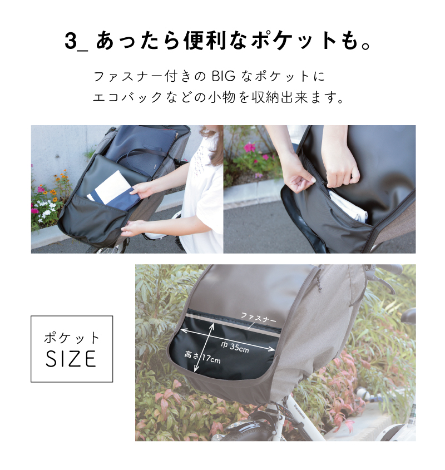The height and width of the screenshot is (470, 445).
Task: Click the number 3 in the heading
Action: point(71,41)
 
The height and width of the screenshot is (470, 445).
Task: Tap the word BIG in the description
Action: point(224,76)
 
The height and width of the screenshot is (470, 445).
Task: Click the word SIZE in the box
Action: point(71,359)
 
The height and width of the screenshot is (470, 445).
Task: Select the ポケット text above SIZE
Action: point(71,338)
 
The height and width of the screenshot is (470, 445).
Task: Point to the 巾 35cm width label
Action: point(235,347)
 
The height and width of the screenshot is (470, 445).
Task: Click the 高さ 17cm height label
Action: point(202,357)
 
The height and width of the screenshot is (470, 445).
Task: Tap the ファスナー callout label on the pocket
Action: point(258,318)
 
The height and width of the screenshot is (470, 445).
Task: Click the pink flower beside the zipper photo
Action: point(250,147)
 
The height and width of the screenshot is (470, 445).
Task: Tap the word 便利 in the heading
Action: point(205,41)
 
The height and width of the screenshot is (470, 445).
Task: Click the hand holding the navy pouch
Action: point(140,190)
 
